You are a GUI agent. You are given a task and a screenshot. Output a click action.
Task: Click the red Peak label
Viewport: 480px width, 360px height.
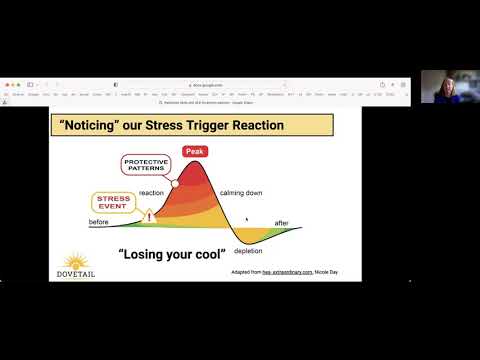(194, 151)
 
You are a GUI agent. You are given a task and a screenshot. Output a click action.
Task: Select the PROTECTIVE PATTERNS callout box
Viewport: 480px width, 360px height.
(147, 164)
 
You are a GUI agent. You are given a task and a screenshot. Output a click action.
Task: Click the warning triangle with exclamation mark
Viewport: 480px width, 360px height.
(150, 214)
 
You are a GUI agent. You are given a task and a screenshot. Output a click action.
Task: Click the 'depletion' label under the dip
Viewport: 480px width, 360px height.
(248, 251)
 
